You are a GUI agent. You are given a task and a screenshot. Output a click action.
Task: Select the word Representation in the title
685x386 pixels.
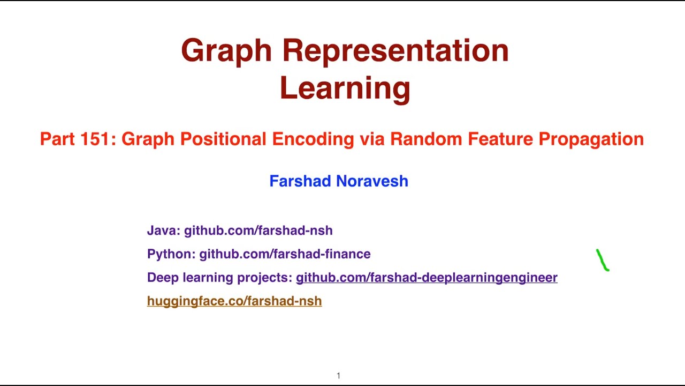point(395,51)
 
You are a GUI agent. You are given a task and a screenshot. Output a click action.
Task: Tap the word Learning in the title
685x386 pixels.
point(345,88)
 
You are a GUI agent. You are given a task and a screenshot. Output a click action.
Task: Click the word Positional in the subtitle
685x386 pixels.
point(224,139)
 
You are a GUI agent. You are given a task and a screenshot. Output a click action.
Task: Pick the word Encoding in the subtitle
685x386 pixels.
point(313,139)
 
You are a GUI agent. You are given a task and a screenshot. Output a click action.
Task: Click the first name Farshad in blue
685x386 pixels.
point(300,181)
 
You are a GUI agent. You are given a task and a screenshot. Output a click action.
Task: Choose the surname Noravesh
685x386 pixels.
point(372,181)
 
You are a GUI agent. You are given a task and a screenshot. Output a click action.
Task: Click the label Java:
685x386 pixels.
point(163,231)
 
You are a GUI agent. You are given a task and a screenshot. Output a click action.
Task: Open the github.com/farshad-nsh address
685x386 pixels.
point(258,231)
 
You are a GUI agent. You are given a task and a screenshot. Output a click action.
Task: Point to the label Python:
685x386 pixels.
point(171,254)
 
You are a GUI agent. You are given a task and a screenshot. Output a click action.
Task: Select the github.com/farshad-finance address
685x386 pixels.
point(285,254)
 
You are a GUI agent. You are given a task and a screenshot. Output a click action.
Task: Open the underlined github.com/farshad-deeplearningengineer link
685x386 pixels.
point(427,278)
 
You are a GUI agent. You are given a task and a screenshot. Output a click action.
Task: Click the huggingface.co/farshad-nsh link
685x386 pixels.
point(234,301)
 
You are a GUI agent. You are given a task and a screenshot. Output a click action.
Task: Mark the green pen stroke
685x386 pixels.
point(603,261)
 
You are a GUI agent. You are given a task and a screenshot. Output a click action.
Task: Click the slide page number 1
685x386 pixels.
point(338,376)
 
